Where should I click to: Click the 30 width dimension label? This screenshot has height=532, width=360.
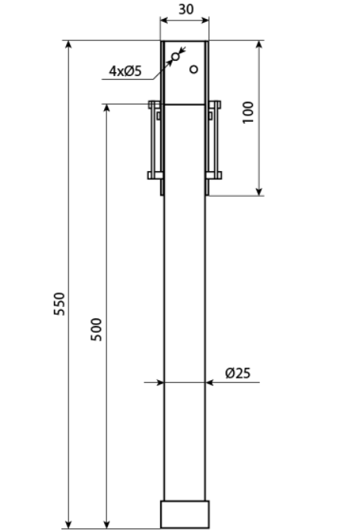186,9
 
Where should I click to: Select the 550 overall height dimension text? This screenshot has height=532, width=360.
59,304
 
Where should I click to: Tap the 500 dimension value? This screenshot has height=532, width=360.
96,329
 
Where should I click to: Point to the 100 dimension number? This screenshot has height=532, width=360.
248,112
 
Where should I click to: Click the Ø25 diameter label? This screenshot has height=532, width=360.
238,373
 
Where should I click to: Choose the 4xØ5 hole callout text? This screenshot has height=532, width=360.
125,71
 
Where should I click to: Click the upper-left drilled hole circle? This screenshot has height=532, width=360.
175,56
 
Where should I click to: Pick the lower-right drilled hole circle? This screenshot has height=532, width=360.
194,69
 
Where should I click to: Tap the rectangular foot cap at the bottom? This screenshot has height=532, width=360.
185,514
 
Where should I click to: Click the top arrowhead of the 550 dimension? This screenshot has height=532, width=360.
68,44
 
